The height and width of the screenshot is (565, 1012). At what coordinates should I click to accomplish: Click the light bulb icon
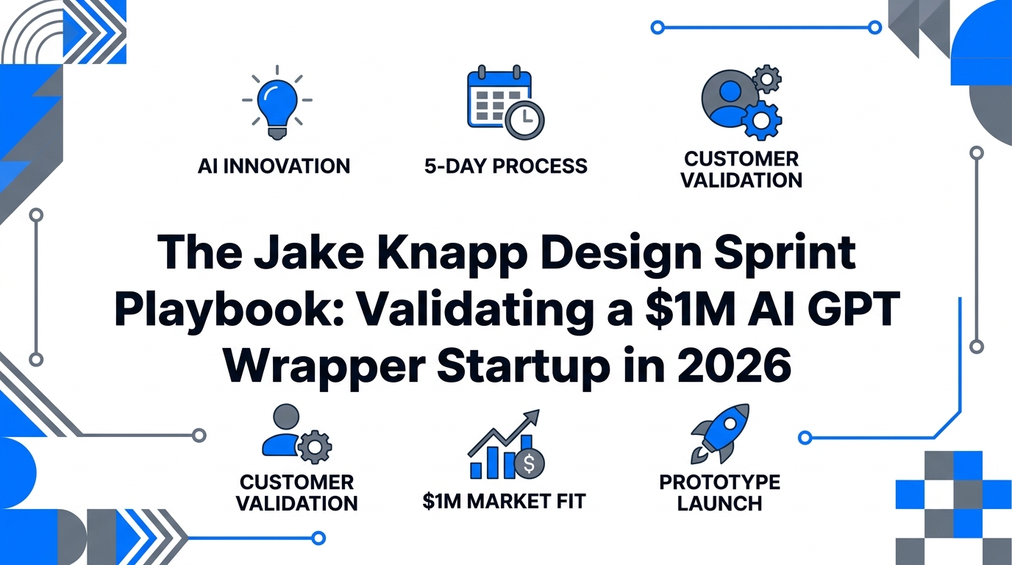coord(276,103)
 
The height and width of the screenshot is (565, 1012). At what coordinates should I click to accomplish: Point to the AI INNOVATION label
coord(274,166)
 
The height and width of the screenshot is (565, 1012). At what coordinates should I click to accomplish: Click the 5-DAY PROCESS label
coord(506,166)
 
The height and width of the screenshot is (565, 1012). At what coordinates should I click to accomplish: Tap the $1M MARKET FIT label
coord(505,502)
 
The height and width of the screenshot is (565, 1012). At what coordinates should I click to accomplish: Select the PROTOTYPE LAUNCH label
coord(719,493)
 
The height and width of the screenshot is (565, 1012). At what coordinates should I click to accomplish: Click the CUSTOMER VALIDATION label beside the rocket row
coord(298,493)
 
